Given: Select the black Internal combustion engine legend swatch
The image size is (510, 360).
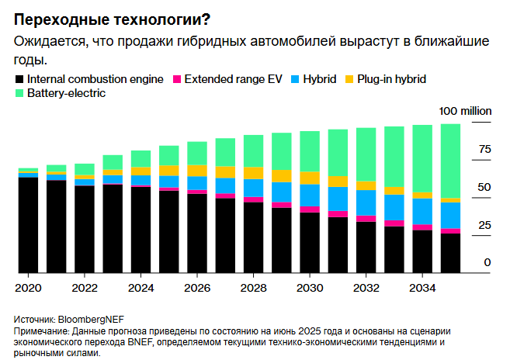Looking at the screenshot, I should pos(19,79).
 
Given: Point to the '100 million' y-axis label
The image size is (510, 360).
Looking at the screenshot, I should pos(465,111).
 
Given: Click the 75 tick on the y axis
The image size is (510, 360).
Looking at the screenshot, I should pos(484,149).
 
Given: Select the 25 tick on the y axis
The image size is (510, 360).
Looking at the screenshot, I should pos(484,225).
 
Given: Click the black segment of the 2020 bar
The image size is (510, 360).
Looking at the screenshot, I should pos(28,225).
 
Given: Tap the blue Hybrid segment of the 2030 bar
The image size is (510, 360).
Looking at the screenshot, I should pos(310,195).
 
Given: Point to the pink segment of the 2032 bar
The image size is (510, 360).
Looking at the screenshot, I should pos(366,219).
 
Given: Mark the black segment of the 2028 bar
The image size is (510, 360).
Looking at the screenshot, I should pos(253,237).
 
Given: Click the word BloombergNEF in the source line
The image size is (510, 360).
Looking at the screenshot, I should pos(89,319).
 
